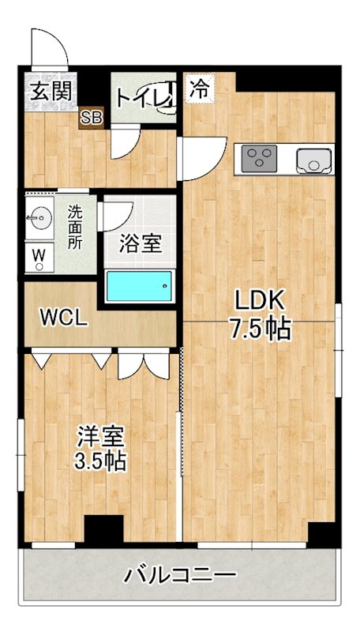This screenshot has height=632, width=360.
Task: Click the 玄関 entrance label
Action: (x=50, y=90)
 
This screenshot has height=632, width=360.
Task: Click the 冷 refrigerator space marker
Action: (x=199, y=88)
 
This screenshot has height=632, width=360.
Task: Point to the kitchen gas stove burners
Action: (x=257, y=159)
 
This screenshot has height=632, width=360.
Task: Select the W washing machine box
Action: (x=38, y=256)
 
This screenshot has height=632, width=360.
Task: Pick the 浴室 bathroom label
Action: (x=141, y=244)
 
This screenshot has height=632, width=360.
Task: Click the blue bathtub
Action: (x=140, y=285)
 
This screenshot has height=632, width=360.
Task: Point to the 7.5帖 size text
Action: (x=260, y=328)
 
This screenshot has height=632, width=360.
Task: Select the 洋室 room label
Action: (x=99, y=436)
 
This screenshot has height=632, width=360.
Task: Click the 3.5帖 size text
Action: (x=99, y=461)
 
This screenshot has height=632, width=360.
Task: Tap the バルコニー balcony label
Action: (x=180, y=574)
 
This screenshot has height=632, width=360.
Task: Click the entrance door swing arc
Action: (x=49, y=46)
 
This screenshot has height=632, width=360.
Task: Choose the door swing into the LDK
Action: (x=197, y=158)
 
